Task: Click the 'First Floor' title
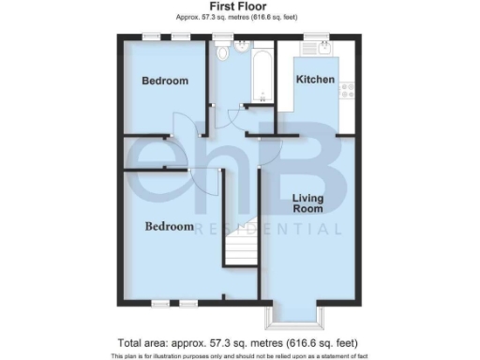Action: pyautogui.click(x=238, y=7)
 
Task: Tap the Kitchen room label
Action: pyautogui.click(x=315, y=80)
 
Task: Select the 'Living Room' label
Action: pyautogui.click(x=307, y=202)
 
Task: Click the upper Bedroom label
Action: pyautogui.click(x=165, y=81)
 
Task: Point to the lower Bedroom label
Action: pyautogui.click(x=169, y=227)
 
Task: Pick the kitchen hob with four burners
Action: pyautogui.click(x=347, y=90)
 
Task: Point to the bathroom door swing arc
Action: pyautogui.click(x=241, y=113)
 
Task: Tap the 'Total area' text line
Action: pyautogui.click(x=238, y=343)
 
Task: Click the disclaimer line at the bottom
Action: pyautogui.click(x=238, y=356)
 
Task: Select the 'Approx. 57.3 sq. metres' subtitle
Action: pyautogui.click(x=238, y=18)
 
